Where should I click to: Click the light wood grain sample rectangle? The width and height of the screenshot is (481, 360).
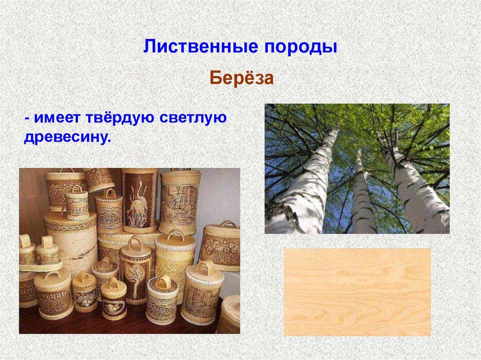[357, 291]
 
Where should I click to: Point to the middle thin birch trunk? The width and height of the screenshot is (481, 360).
[362, 197]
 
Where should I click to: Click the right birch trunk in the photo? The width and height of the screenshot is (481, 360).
[413, 188]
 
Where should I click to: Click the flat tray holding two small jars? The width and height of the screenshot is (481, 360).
[40, 266]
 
